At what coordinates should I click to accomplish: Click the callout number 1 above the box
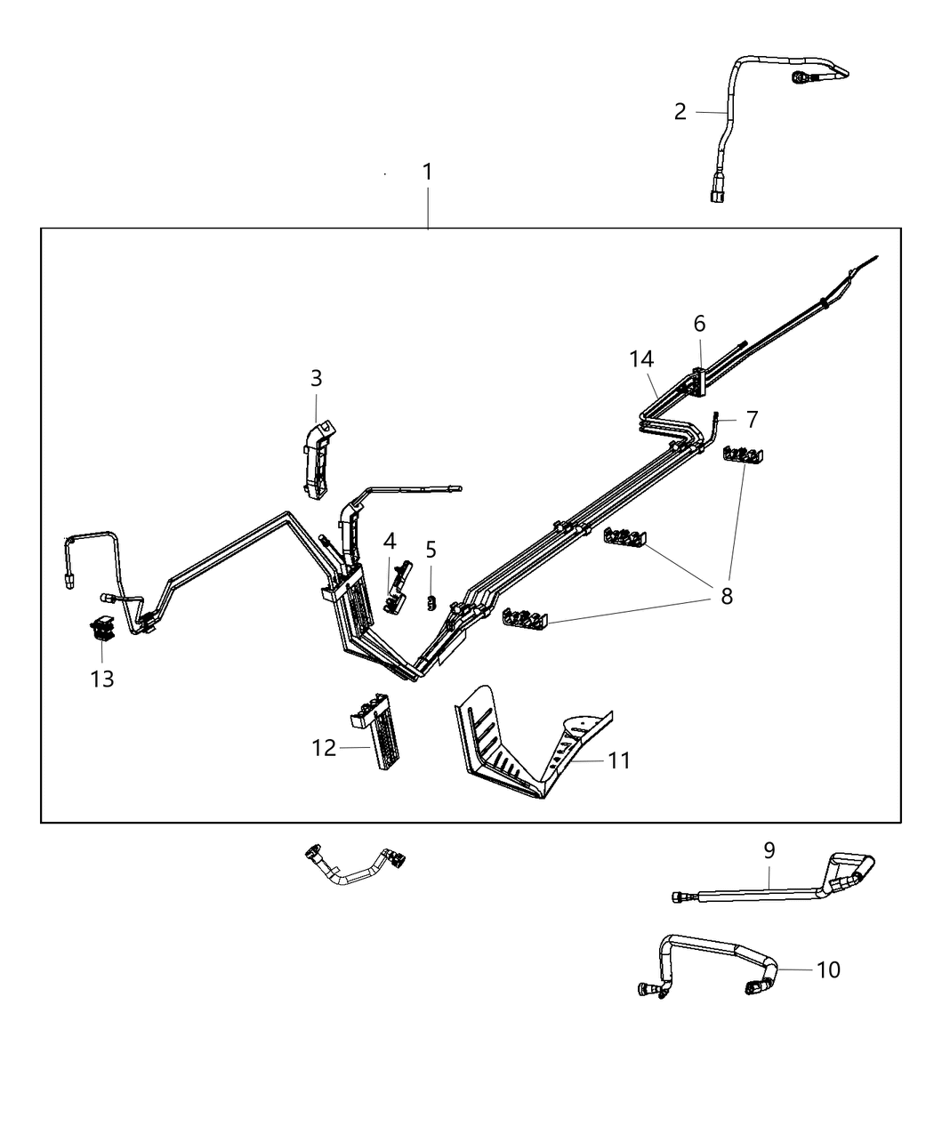[x=427, y=172]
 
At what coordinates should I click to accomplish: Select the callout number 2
[x=680, y=112]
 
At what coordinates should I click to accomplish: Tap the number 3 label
[x=316, y=378]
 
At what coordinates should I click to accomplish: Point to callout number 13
[x=102, y=680]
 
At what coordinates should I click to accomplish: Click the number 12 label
[x=324, y=748]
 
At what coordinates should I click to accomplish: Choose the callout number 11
[x=619, y=760]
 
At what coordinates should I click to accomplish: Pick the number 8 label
[x=727, y=597]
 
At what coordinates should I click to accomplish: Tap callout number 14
[x=641, y=359]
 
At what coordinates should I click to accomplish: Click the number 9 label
[x=769, y=850]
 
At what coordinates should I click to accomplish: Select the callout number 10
[x=827, y=969]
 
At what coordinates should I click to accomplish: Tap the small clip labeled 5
[x=431, y=602]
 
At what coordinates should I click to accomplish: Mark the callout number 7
[x=752, y=418]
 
